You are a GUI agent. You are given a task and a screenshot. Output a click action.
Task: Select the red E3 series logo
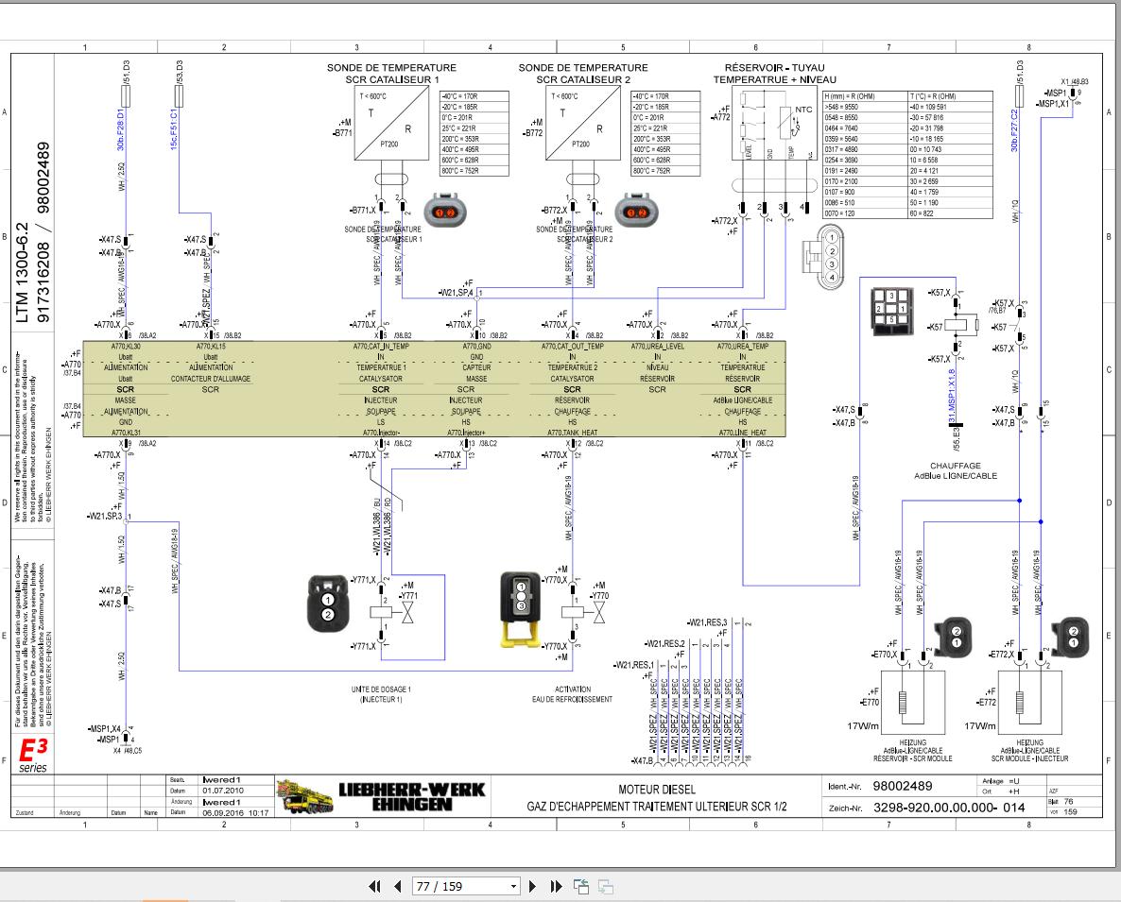pyautogui.click(x=33, y=753)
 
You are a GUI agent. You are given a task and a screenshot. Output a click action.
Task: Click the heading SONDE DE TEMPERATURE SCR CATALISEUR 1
pyautogui.click(x=391, y=74)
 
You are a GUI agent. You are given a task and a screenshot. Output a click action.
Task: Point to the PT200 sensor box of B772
pyautogui.click(x=580, y=129)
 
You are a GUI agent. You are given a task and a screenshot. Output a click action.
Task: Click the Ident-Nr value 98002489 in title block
pyautogui.click(x=902, y=787)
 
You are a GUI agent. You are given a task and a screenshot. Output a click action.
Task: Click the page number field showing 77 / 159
pyautogui.click(x=466, y=886)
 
